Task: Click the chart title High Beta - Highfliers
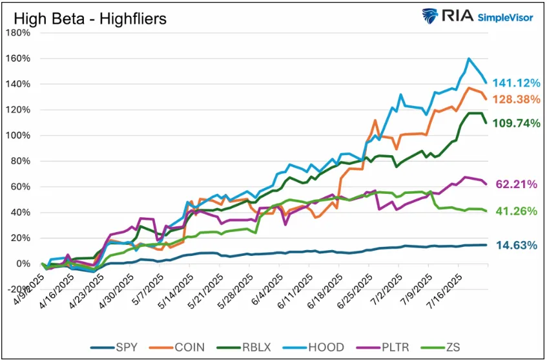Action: coord(90,18)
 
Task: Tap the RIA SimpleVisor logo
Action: coord(477,16)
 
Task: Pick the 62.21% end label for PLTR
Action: coord(517,185)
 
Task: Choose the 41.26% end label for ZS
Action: coord(517,211)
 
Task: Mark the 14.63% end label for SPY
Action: coord(517,245)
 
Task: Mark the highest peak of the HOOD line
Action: coord(468,59)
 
